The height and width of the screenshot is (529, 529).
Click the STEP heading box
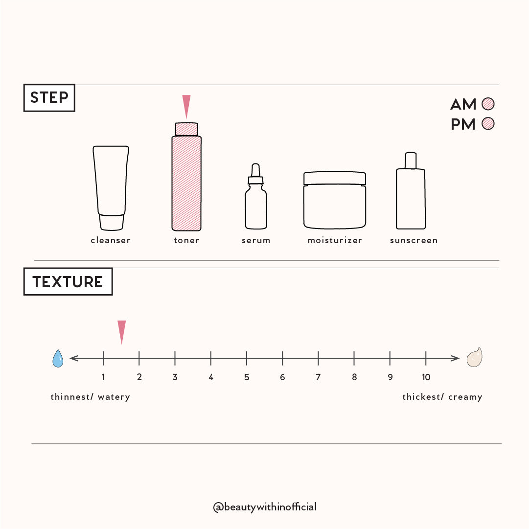click(x=49, y=98)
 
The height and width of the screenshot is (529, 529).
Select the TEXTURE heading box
click(x=68, y=281)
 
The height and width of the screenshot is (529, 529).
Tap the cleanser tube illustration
click(x=111, y=188)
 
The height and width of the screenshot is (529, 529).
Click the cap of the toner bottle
click(x=186, y=129)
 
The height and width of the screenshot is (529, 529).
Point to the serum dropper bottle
click(x=256, y=196)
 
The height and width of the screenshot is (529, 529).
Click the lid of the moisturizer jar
click(x=335, y=178)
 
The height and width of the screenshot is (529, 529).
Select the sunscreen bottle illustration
click(x=411, y=191)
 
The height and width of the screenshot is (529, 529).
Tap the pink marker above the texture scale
click(x=121, y=332)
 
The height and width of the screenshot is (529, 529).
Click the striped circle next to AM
click(x=488, y=104)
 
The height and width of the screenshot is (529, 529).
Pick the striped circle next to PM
click(x=488, y=123)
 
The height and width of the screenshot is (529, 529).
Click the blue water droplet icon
click(x=58, y=358)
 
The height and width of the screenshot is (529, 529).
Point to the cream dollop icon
click(x=475, y=357)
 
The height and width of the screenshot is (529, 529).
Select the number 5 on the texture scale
click(x=247, y=377)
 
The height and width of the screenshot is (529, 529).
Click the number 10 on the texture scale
click(x=426, y=377)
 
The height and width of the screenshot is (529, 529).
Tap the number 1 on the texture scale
click(x=103, y=377)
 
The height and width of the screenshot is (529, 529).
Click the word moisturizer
click(x=335, y=240)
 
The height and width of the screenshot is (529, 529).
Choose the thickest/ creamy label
click(x=442, y=397)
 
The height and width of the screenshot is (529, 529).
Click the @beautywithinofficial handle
click(x=265, y=507)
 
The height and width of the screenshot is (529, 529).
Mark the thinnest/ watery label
click(x=91, y=397)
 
